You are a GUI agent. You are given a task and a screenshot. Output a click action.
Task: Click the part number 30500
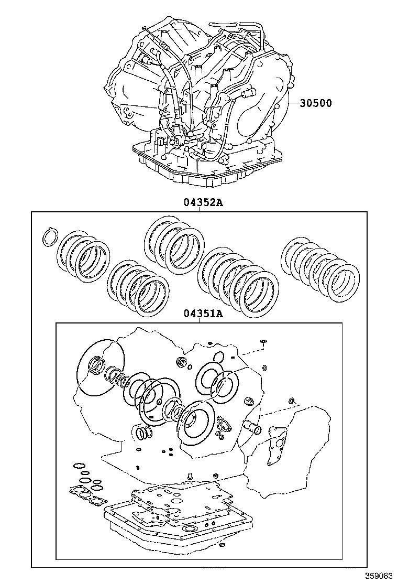316,103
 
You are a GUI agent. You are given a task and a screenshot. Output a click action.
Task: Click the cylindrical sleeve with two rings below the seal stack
142,433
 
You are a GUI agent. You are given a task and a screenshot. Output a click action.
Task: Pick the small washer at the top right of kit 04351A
264,341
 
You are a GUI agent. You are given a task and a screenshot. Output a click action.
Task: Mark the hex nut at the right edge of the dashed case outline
249,402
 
